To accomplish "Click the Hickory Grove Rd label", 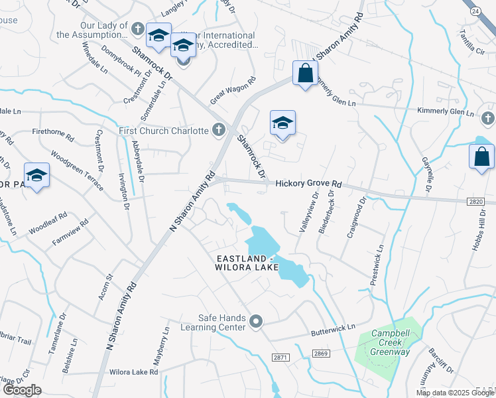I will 308,184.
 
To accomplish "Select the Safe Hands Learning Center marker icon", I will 257,322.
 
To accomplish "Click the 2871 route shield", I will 280,357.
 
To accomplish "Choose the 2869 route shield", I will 322,353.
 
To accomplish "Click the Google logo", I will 21,390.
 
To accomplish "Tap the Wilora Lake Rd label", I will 135,372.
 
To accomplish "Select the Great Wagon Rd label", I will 232,91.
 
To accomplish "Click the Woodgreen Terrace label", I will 77,174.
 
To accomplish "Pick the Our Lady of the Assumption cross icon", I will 137,29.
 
